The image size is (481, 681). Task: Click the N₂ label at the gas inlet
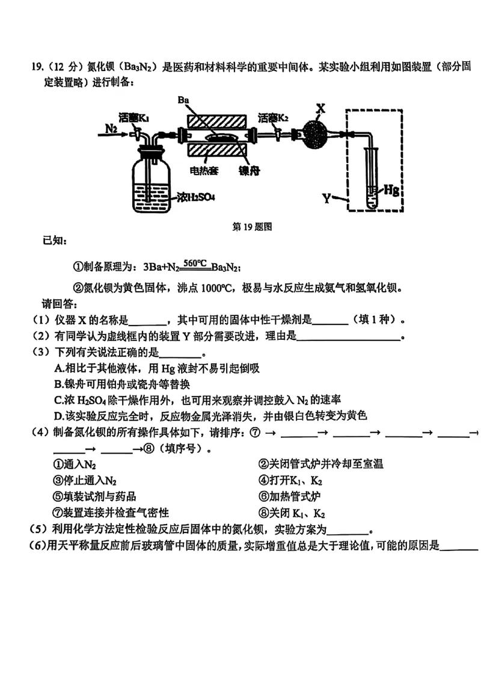112,128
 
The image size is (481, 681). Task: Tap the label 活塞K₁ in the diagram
133,117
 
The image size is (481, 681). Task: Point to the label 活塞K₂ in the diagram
272,117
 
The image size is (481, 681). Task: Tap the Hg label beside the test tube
391,190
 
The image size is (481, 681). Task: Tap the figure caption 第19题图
253,227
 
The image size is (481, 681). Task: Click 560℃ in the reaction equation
195,263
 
